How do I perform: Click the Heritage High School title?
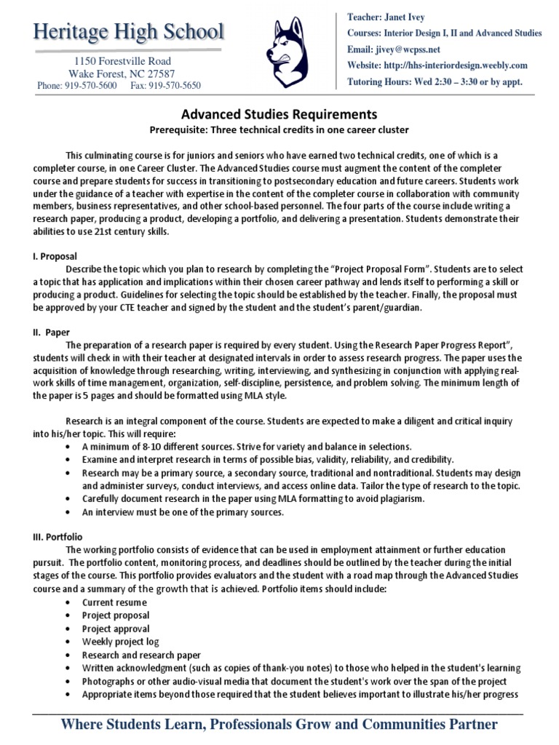point(128,32)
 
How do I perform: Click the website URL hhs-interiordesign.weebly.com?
point(464,65)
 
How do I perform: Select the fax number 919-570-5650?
point(166,86)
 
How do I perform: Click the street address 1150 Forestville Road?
point(121,61)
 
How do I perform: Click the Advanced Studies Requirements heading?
point(279,114)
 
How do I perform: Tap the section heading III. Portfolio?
point(58,536)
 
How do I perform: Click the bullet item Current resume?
point(114,602)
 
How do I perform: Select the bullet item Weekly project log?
point(120,642)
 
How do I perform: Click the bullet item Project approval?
point(116,629)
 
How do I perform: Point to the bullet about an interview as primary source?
point(183,511)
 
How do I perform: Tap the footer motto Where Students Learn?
point(279,725)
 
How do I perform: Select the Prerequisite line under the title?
point(279,130)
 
